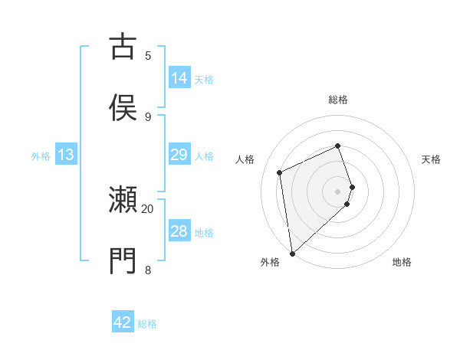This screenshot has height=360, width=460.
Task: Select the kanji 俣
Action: pos(123,107)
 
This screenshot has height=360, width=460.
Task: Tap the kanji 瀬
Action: pos(123,200)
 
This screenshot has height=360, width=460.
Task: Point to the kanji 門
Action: pos(123,261)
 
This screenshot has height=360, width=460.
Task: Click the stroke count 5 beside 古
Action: pos(148,55)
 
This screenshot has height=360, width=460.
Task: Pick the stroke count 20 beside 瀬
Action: pos(147,208)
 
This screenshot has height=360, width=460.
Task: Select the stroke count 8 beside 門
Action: pos(148,270)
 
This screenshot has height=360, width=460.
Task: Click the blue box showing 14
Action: pos(179,78)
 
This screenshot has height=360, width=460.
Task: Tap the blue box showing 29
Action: pos(179,155)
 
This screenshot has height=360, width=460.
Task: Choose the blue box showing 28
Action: pos(179,231)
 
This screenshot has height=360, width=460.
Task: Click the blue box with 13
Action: pos(66,155)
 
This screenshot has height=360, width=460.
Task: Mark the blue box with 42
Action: pos(123,322)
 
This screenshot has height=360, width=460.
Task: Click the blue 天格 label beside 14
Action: pos(204,80)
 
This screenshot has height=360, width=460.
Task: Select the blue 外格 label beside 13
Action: pos(41,156)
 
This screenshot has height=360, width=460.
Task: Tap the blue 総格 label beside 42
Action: pos(147,324)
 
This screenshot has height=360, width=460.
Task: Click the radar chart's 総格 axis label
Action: pos(338,100)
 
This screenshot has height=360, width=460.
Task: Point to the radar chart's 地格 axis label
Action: pos(402,263)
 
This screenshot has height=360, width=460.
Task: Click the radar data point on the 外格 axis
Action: pos(291,253)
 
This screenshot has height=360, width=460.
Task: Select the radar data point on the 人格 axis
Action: pos(280,172)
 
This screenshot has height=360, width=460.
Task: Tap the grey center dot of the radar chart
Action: pos(338,190)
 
